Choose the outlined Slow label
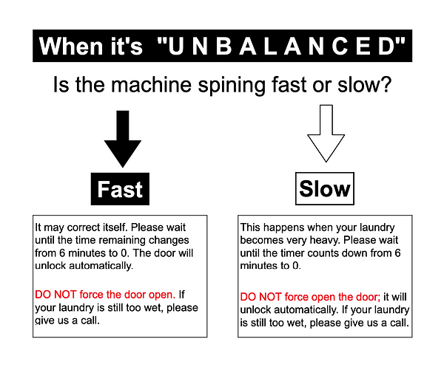tap(324, 190)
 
